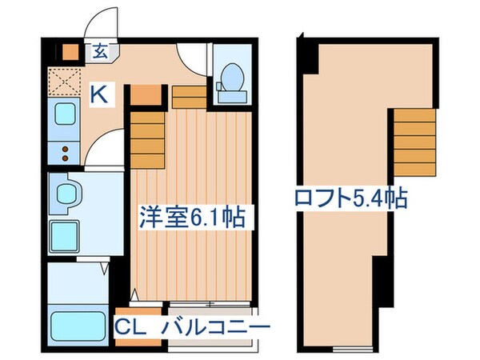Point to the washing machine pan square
(66, 235)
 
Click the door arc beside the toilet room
(193, 61)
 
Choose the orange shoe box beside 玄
(72, 52)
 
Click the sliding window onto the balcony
(213, 305)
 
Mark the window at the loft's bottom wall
(353, 349)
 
